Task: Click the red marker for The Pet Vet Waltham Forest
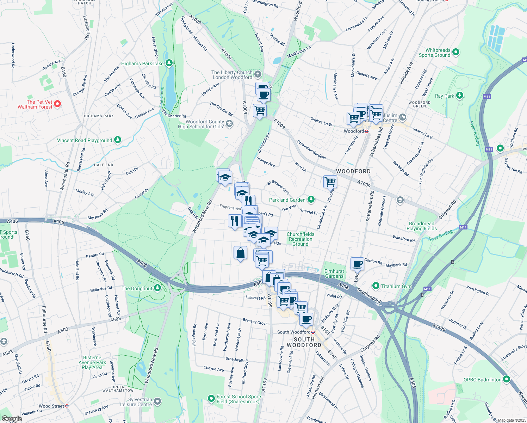pyautogui.click(x=58, y=104)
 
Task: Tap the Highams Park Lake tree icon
pyautogui.click(x=169, y=63)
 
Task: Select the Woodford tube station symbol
pyautogui.click(x=367, y=131)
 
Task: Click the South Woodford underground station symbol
pyautogui.click(x=313, y=332)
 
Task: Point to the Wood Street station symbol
pyautogui.click(x=67, y=406)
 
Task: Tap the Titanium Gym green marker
pyautogui.click(x=376, y=286)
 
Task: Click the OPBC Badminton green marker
pyautogui.click(x=506, y=379)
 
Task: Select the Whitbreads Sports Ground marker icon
pyautogui.click(x=456, y=52)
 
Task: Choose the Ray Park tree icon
pyautogui.click(x=459, y=96)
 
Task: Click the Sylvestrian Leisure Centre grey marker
pyautogui.click(x=157, y=401)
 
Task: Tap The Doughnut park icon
pyautogui.click(x=157, y=288)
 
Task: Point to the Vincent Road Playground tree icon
pyautogui.click(x=118, y=140)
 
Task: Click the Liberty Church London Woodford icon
pyautogui.click(x=258, y=74)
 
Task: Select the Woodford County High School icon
pyautogui.click(x=229, y=123)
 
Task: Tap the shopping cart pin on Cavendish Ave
pyautogui.click(x=330, y=182)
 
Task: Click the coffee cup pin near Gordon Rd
pyautogui.click(x=357, y=263)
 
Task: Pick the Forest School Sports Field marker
pyautogui.click(x=211, y=399)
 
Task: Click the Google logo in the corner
pyautogui.click(x=12, y=419)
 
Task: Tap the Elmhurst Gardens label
pyautogui.click(x=334, y=274)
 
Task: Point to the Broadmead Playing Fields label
pyautogui.click(x=421, y=226)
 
